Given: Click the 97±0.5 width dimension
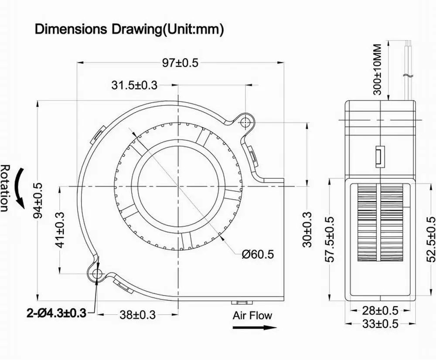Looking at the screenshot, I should (180, 63).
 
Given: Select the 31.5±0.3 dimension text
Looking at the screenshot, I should (134, 85).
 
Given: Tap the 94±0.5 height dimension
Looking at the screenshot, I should (39, 200).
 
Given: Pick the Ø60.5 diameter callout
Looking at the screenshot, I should (258, 254).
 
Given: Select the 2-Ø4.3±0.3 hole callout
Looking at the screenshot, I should (55, 312).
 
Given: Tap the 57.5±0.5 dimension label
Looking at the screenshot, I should (331, 239).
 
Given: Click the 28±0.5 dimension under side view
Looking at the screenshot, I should (381, 310).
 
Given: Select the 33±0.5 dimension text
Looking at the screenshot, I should (381, 324).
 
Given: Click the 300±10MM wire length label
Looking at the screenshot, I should (377, 69).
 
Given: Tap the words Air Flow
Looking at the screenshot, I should (252, 315).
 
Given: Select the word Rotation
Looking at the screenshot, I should (5, 188).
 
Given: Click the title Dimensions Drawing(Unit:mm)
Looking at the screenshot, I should (129, 29).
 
